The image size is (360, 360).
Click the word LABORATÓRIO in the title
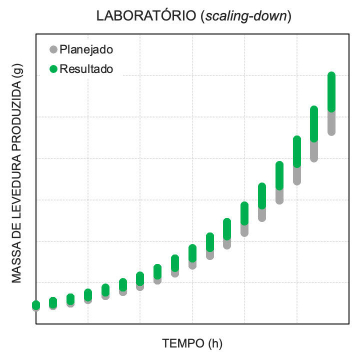[x=148, y=16]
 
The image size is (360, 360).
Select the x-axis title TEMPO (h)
[x=192, y=343]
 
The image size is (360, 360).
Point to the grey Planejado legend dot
[x=53, y=49]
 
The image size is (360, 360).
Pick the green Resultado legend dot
[x=53, y=68]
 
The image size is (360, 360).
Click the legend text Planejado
[x=86, y=49]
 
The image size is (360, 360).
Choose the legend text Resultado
[x=86, y=68]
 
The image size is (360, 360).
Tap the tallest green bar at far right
[x=331, y=91]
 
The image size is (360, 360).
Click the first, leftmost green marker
[x=36, y=304]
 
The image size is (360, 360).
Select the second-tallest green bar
[x=314, y=123]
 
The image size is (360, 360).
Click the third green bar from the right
[x=296, y=151]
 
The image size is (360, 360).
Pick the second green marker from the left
[x=53, y=301]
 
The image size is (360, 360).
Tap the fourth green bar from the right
[x=279, y=175]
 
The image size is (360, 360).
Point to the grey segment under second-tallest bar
[x=314, y=151]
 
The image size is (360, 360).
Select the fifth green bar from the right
[x=262, y=195]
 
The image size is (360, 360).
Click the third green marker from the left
[x=70, y=298]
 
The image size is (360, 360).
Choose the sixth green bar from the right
[x=244, y=213]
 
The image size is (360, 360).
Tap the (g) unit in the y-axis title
[x=17, y=73]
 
